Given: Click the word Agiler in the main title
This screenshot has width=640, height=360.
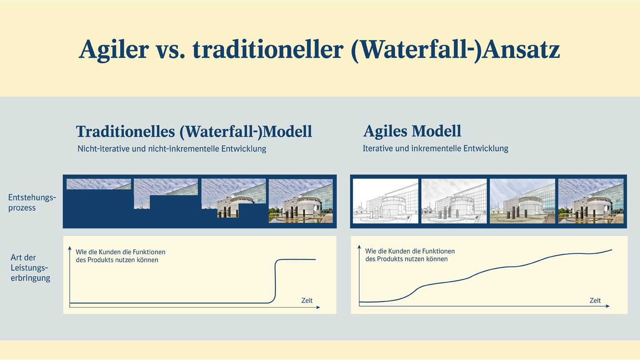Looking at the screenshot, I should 113,49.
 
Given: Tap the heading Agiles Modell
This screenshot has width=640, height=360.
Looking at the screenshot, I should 412,131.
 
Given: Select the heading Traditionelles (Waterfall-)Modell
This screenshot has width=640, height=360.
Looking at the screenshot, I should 194,132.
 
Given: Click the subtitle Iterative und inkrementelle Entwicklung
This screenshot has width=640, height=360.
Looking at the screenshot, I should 435,148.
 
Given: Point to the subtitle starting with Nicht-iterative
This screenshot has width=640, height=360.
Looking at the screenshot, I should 172,149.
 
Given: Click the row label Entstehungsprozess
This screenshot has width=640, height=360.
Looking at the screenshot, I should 32,203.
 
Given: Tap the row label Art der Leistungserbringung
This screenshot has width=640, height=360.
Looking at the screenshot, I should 30,268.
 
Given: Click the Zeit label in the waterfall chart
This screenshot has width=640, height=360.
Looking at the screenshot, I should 307,300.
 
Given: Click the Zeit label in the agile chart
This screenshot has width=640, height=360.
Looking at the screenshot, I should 595,300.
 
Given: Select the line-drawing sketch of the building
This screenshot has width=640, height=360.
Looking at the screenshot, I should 385,201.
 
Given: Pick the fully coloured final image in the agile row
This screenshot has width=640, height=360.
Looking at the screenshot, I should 591,201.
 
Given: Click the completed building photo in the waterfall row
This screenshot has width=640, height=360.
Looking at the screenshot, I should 301,201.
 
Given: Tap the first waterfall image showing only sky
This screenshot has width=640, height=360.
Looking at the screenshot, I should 99,184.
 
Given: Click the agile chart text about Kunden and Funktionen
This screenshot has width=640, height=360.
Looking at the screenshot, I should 410,255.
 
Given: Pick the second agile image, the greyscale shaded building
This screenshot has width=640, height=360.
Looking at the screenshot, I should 454,201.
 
